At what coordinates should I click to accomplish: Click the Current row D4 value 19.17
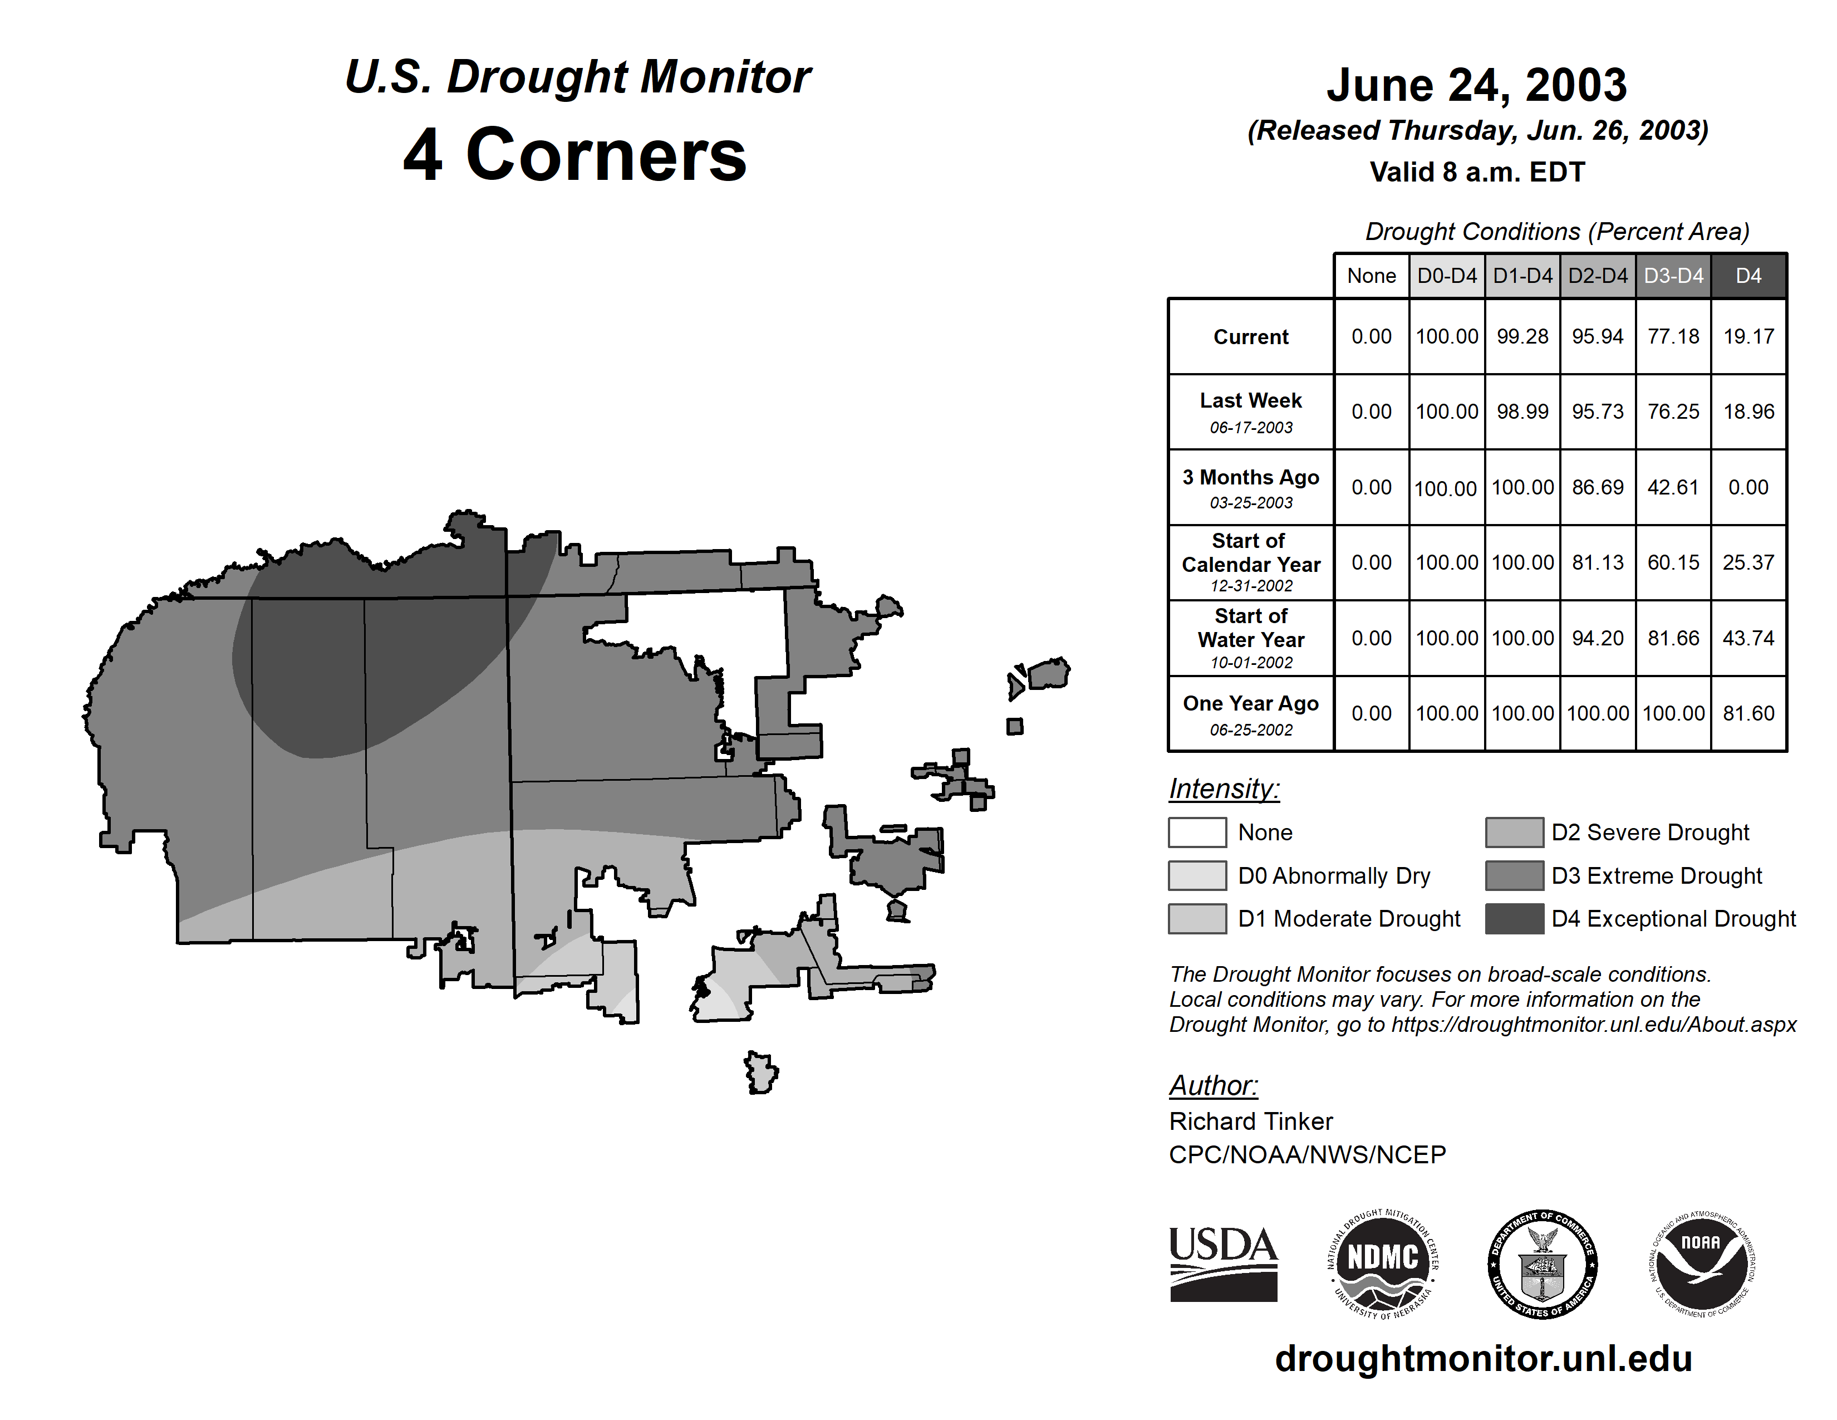1748,336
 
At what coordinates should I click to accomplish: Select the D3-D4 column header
1673,276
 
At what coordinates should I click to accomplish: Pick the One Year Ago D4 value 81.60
1748,713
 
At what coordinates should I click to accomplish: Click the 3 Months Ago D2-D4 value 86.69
1597,487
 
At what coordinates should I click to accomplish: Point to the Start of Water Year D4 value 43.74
1748,639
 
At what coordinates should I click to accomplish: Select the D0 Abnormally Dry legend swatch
1197,876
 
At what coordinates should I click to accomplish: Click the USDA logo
1223,1264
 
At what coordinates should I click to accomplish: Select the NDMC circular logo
1383,1264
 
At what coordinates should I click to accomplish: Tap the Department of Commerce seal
1543,1264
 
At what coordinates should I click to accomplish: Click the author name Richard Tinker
1251,1122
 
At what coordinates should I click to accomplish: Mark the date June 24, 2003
1476,86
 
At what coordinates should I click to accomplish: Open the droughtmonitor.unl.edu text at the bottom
1483,1359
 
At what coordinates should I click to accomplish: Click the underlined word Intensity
1224,789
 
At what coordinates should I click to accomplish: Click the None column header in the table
1371,276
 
